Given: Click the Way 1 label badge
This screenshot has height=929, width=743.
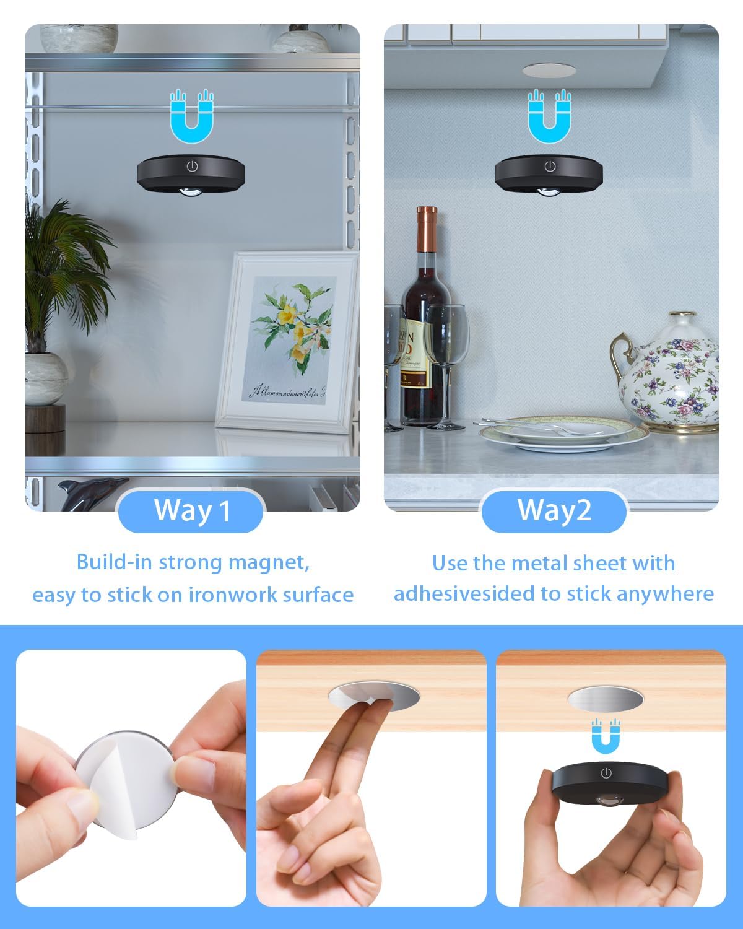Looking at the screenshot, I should click(191, 511).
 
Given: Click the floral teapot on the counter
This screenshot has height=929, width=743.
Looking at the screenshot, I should click(669, 372).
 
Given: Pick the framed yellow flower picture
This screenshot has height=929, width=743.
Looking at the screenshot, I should click(288, 341).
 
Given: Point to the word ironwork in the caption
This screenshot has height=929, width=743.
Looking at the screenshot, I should click(233, 595).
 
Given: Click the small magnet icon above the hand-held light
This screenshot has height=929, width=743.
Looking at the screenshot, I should click(606, 735).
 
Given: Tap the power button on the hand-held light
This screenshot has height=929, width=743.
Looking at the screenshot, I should click(606, 773).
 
